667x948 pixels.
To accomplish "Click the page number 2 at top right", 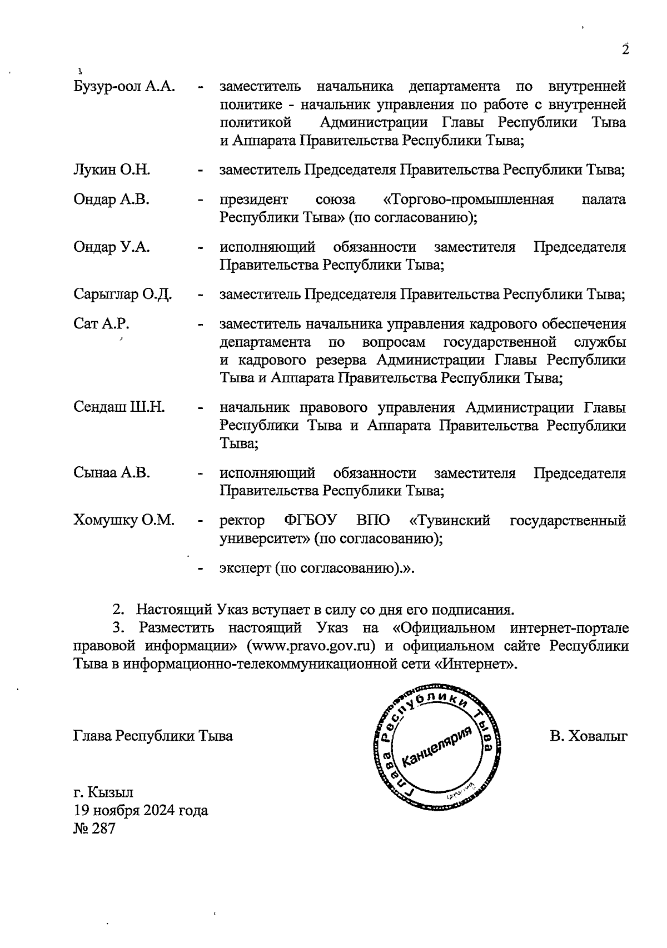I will point(625,50).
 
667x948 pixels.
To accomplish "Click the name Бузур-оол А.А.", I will point(125,87).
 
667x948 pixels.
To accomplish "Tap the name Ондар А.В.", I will point(111,199).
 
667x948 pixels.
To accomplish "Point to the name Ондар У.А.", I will point(111,247).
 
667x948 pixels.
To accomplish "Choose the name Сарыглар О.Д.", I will point(122,295).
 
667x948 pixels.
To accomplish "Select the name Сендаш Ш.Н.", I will point(119,407).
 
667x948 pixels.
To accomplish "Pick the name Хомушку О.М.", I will point(124,521).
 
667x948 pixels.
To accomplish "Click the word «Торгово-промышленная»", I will point(469,199).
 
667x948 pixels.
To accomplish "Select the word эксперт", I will point(245,568).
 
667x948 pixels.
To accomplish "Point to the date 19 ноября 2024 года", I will point(141,810).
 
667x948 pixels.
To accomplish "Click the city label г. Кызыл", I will point(103,792).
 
